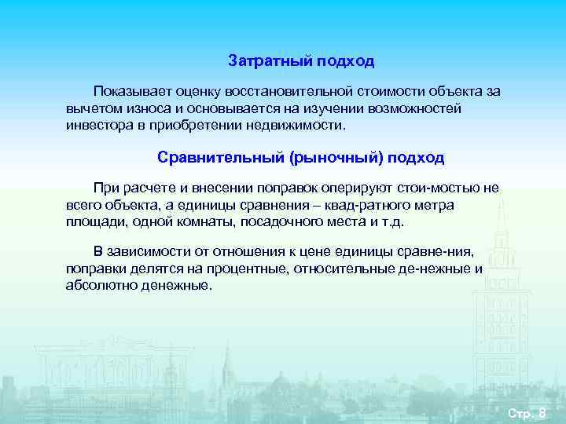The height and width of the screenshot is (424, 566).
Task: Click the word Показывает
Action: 130,91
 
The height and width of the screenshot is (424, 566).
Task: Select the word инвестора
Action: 98,126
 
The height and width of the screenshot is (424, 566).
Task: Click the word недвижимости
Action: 300,126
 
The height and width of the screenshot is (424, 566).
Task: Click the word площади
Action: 92,222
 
